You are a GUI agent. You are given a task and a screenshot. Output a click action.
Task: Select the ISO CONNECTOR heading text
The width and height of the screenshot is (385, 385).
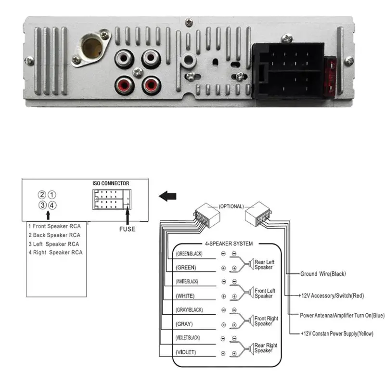[111, 184]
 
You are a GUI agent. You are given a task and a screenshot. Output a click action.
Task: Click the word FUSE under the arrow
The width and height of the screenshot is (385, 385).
[127, 229]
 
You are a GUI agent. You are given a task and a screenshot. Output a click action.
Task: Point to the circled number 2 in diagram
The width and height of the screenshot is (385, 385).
[42, 195]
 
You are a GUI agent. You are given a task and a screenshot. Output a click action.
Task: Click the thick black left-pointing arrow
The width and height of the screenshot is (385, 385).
[167, 196]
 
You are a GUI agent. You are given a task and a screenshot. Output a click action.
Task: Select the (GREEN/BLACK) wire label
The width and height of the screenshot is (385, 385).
[189, 254]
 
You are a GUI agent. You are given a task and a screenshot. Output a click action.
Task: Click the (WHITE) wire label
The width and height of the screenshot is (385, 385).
[185, 295]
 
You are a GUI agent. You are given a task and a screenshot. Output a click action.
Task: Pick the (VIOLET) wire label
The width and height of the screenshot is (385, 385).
[186, 352]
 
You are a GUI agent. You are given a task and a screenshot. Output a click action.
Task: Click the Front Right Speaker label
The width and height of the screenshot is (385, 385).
[266, 321]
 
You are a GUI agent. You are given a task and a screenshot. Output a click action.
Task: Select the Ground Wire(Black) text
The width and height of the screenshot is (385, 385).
[323, 274]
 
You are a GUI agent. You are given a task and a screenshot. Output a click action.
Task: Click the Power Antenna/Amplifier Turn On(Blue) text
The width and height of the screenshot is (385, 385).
[343, 315]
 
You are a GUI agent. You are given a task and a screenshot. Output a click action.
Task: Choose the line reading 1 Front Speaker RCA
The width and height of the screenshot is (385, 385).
[54, 226]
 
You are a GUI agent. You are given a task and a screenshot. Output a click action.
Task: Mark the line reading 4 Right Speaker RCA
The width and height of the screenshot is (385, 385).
[55, 252]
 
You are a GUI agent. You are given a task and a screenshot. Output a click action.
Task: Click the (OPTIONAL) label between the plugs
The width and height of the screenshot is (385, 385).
[231, 206]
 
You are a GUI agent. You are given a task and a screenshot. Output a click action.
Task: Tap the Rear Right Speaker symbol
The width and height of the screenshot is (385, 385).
[250, 348]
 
